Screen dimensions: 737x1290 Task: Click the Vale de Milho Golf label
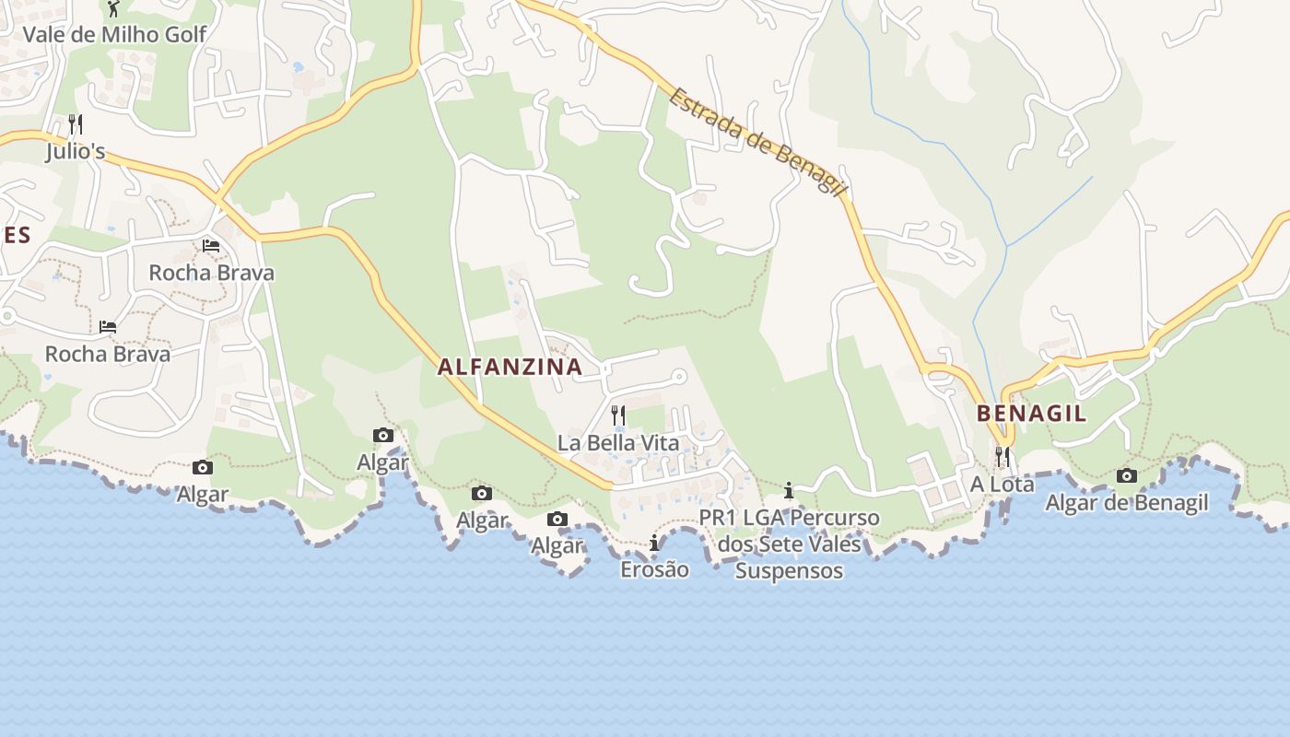point(114,35)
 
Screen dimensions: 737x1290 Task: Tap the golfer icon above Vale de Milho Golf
point(113,9)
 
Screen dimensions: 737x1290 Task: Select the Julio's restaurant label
point(76,151)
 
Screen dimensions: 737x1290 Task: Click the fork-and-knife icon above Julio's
point(76,124)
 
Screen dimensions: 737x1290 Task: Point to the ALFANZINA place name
point(510,367)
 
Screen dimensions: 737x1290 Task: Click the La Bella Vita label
point(618,443)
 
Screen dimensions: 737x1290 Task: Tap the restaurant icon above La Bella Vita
point(617,415)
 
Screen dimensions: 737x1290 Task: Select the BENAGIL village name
point(1031,413)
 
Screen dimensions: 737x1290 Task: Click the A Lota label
point(1003,484)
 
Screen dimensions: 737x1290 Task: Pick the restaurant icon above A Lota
point(1002,456)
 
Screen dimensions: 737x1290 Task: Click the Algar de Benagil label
point(1127,503)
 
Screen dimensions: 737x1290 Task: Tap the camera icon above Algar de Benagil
point(1126,476)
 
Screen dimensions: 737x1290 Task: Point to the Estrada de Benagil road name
point(758,141)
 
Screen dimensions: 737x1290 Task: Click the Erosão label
point(654,569)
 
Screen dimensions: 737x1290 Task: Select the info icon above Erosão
point(654,543)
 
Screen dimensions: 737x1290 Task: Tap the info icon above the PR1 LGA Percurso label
point(789,490)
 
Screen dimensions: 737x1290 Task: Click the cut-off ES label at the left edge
point(16,235)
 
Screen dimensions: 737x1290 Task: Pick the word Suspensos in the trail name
point(789,571)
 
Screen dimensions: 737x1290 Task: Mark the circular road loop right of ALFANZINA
point(680,376)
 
